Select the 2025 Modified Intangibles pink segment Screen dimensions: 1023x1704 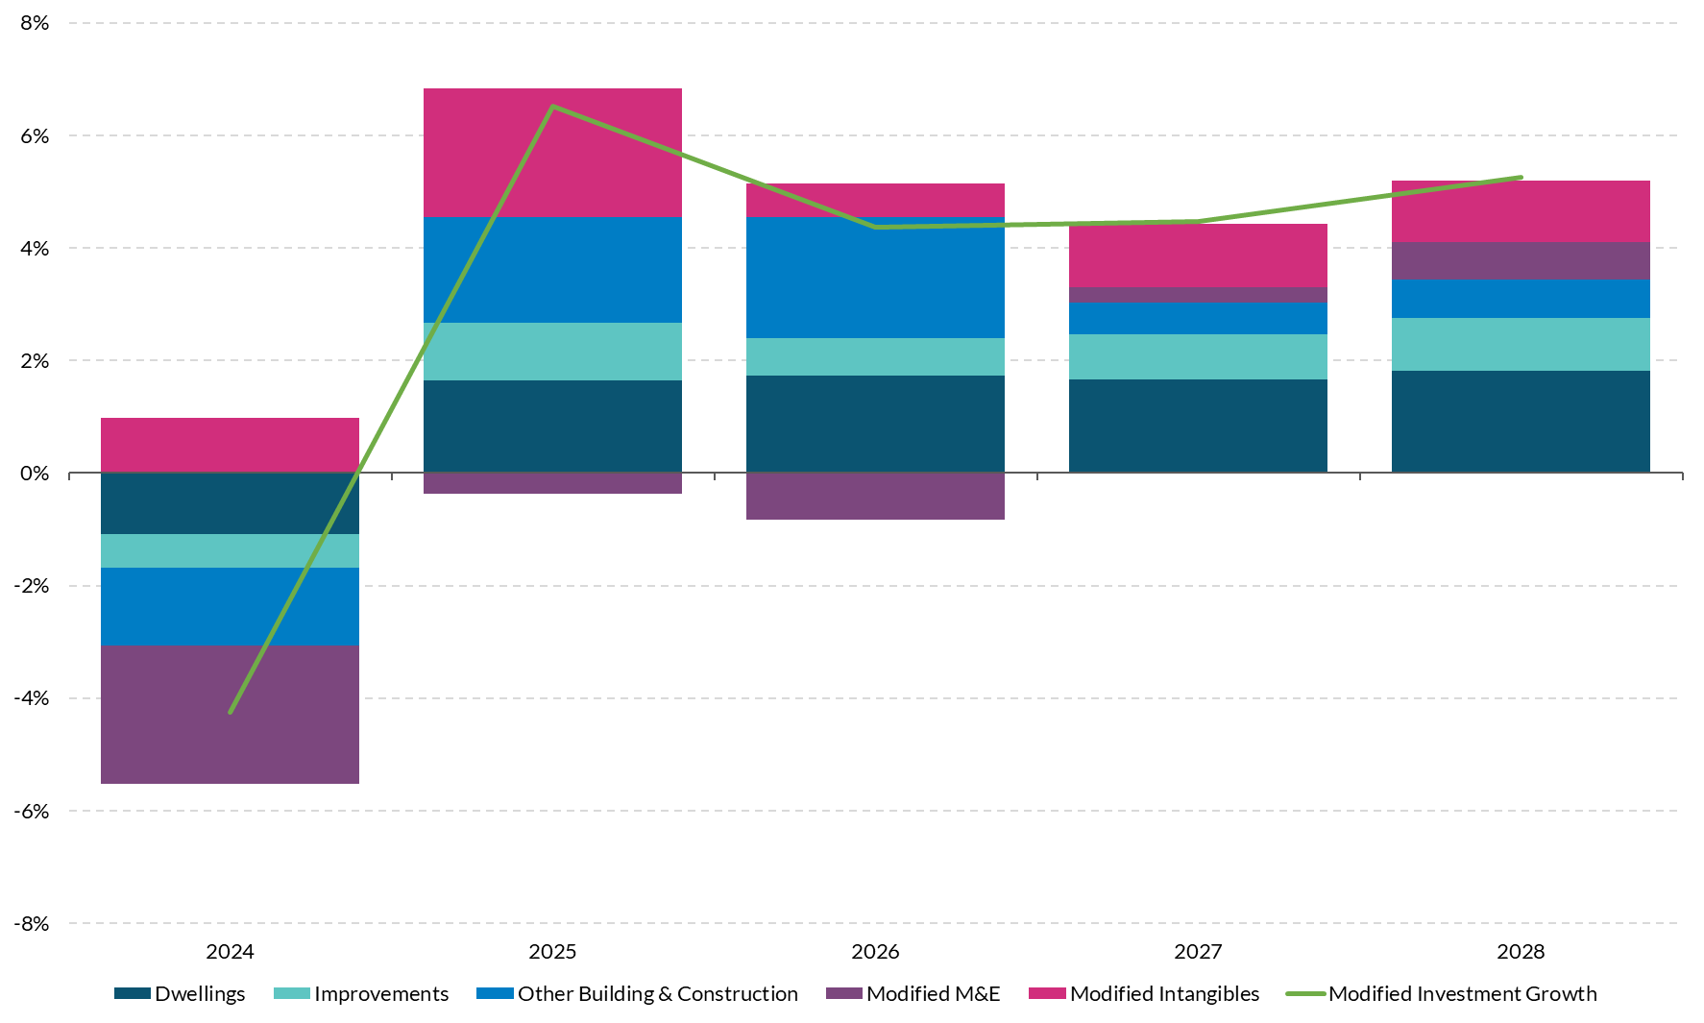[x=552, y=152]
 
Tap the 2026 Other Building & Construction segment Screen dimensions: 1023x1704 [x=875, y=277]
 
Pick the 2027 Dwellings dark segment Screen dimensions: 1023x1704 [x=1198, y=425]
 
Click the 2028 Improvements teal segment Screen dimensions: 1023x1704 [x=1521, y=344]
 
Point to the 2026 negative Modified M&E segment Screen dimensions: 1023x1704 [x=875, y=496]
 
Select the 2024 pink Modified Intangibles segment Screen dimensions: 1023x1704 [x=230, y=445]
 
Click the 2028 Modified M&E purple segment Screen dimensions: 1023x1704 [x=1521, y=260]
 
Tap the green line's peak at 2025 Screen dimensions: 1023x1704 [x=553, y=107]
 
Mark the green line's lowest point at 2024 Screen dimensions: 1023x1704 [x=231, y=712]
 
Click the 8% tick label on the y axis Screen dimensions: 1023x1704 [x=35, y=23]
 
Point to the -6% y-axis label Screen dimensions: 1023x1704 [x=32, y=811]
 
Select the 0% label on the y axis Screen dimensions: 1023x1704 [x=35, y=473]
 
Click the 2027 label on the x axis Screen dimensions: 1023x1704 [x=1198, y=951]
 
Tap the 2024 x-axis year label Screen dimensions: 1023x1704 [x=230, y=951]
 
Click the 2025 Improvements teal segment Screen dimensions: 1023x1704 [x=552, y=352]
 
